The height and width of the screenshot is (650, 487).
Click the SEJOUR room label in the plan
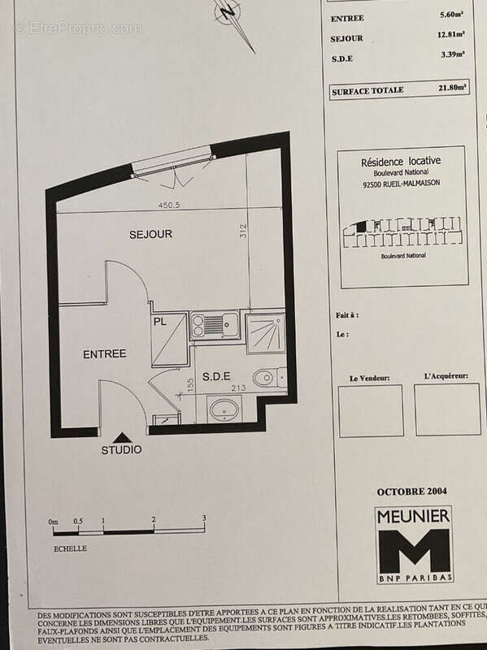point(151,234)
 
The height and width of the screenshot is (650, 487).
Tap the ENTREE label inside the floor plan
point(105,354)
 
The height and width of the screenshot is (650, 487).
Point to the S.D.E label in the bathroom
point(216,376)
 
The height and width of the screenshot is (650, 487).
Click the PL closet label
point(159,322)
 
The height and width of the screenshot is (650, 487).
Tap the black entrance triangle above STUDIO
point(122,437)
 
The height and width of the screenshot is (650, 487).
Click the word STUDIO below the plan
point(121,450)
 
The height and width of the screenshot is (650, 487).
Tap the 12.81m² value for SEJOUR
point(454,35)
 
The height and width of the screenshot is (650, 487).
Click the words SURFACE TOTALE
point(367,91)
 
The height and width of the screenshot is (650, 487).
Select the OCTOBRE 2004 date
point(411,492)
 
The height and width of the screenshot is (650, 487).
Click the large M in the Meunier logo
point(413,550)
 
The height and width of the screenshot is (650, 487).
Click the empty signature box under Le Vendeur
point(370,410)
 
